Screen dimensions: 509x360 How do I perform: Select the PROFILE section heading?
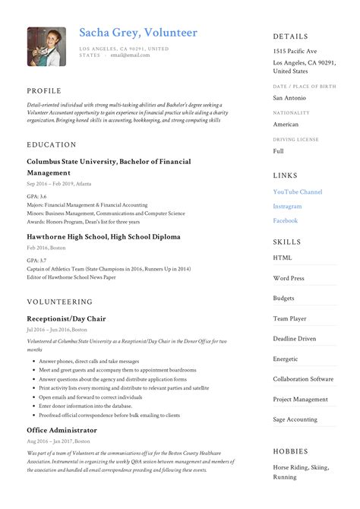tap(44, 90)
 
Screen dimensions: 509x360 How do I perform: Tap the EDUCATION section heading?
tap(51, 144)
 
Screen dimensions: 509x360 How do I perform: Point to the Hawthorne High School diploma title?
tap(103, 237)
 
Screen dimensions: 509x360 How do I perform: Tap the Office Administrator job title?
tap(62, 430)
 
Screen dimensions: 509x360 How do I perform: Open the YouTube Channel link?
tap(298, 192)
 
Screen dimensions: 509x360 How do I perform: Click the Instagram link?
tap(287, 206)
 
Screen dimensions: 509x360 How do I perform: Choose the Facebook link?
tap(286, 220)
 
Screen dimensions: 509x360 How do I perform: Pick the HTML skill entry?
tap(283, 258)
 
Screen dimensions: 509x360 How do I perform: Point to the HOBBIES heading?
tap(291, 452)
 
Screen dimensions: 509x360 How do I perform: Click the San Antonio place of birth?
tap(290, 97)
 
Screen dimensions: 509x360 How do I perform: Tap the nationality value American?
tap(286, 124)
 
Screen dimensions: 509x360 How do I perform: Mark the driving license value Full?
tap(278, 150)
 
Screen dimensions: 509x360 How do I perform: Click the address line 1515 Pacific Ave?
tap(295, 51)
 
